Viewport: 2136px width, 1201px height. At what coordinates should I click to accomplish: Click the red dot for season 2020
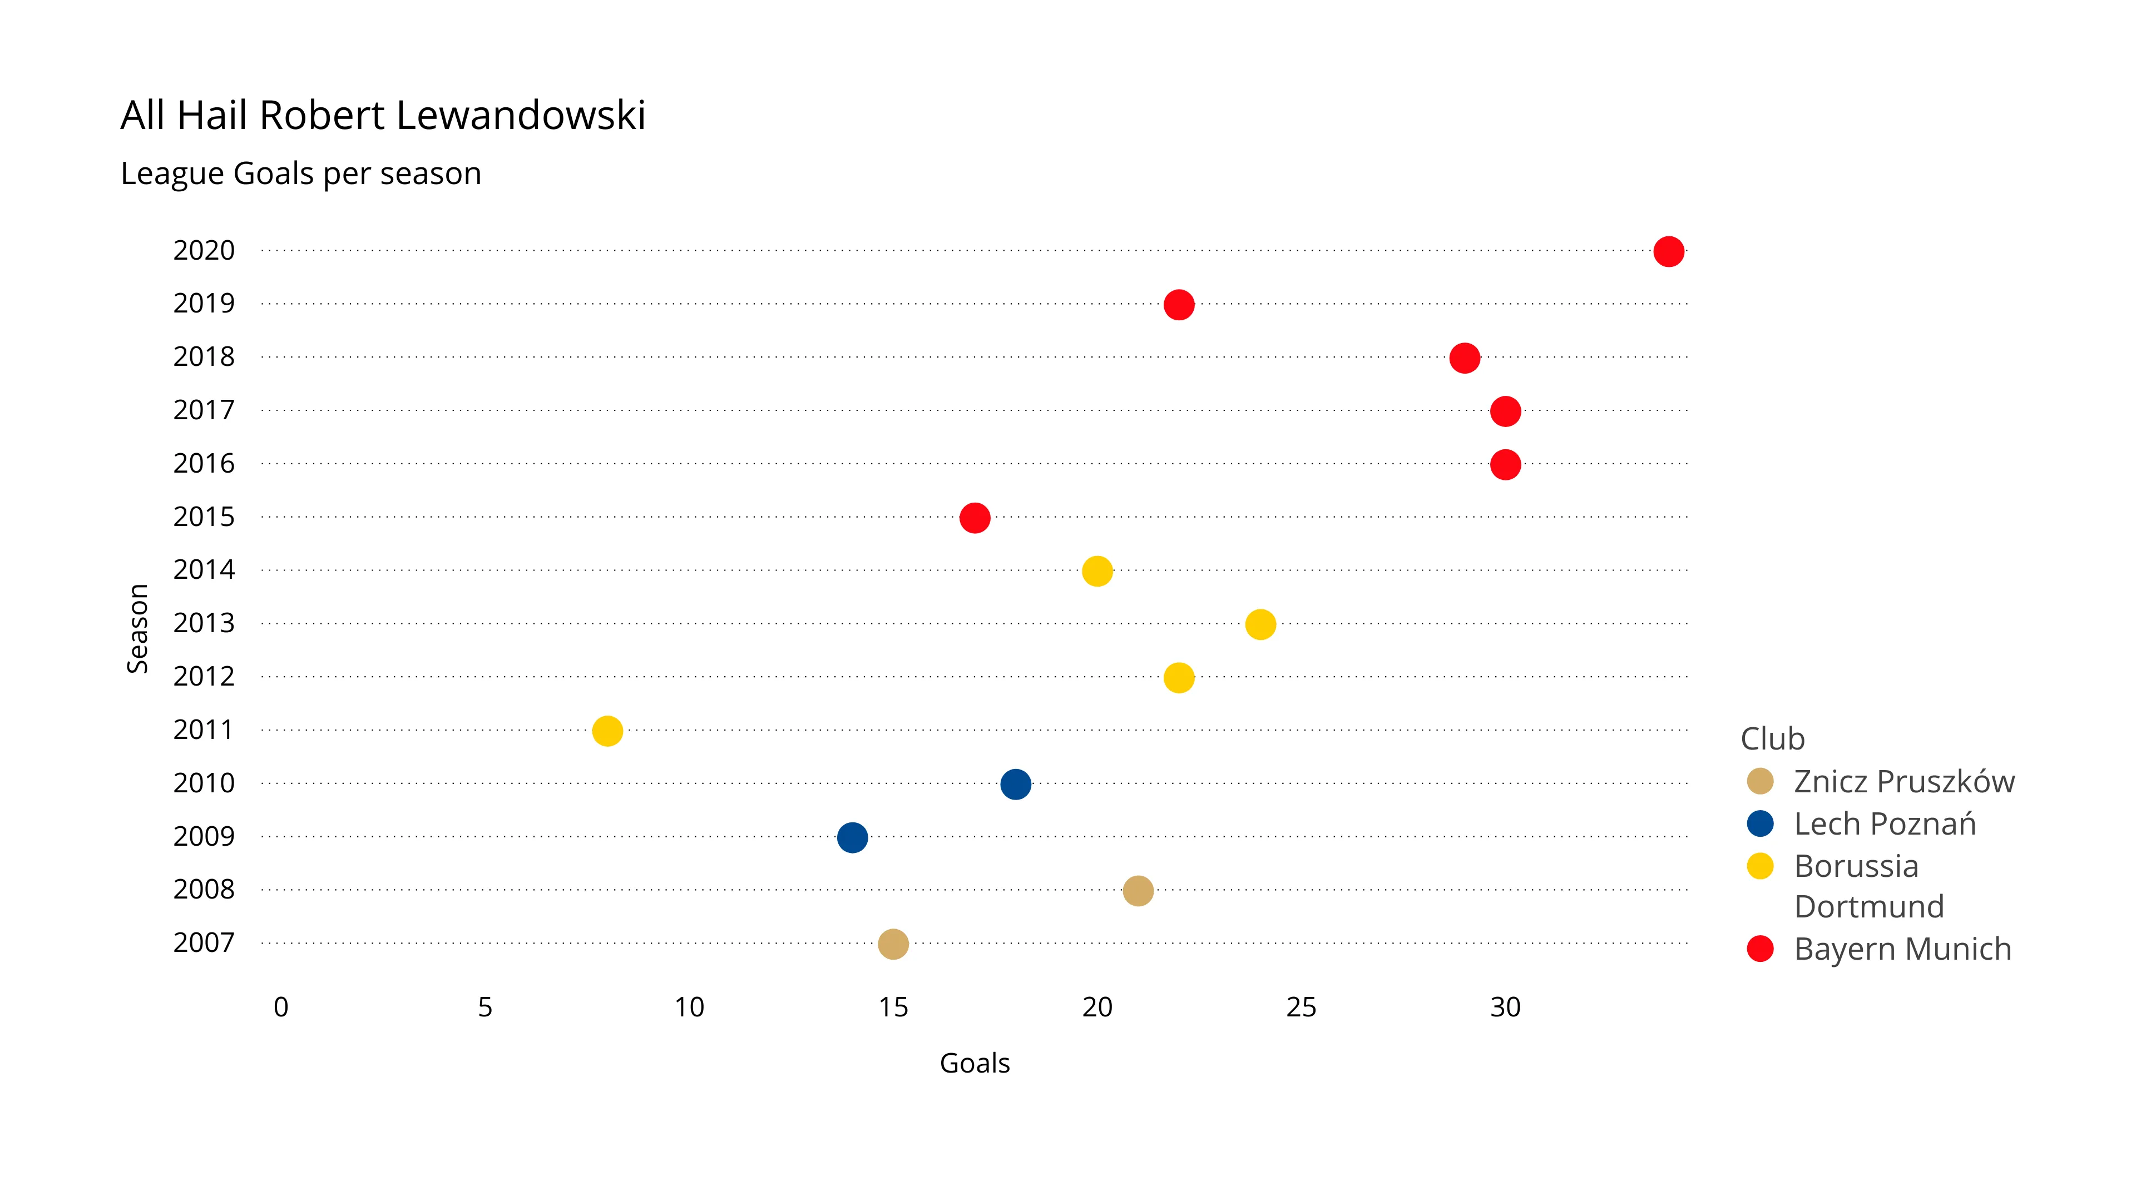click(1668, 251)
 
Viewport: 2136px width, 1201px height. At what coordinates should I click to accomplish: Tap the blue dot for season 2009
click(852, 837)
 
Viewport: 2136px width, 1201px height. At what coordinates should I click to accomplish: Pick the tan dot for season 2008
click(1138, 891)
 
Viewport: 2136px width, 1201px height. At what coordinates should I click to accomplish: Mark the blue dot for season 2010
click(1016, 784)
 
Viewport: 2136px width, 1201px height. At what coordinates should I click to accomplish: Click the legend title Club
click(1772, 738)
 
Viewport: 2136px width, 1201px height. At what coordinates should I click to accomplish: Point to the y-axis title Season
click(137, 628)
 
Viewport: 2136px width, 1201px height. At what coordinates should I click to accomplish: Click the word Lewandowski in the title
click(521, 115)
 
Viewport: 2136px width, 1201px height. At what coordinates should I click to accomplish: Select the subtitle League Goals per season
click(301, 174)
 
